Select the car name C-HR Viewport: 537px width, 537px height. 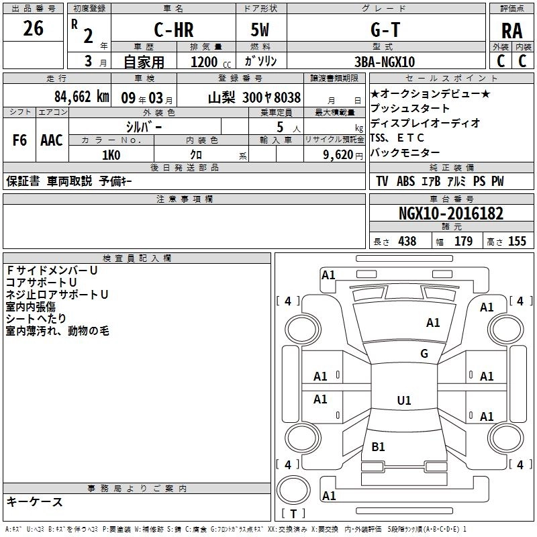[173, 31]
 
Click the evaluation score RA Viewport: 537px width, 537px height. [512, 31]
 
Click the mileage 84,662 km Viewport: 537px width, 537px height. [81, 96]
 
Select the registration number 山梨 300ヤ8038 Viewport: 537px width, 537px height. [254, 97]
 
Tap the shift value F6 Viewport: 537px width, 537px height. [20, 140]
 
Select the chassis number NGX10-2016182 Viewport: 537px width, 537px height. [450, 213]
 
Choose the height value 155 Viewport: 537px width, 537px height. [517, 241]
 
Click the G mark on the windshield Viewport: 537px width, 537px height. [424, 354]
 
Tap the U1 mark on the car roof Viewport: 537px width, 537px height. [404, 400]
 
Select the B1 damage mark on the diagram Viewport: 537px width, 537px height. [379, 446]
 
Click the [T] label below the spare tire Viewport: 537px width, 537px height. [293, 514]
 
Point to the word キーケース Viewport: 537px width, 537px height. [35, 501]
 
